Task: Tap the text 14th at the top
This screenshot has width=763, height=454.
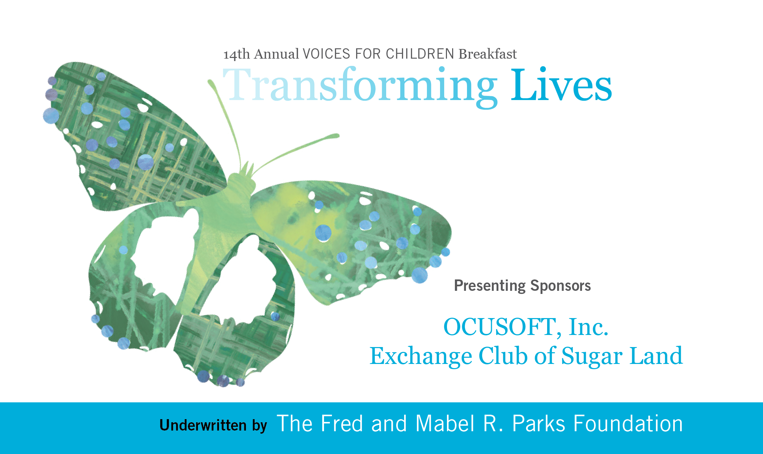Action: (x=237, y=54)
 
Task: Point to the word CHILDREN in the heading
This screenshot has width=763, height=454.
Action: (x=420, y=54)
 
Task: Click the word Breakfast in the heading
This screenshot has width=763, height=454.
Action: (x=488, y=54)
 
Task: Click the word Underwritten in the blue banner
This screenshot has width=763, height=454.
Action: (x=203, y=425)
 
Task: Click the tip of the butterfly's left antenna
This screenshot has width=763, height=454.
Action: (x=210, y=82)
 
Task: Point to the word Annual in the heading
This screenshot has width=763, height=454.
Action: (x=276, y=54)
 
